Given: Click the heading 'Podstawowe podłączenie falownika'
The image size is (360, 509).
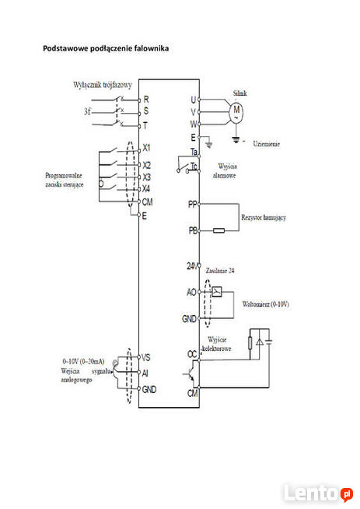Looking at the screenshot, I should pos(105,48).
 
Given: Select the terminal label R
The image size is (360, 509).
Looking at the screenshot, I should pos(146,100).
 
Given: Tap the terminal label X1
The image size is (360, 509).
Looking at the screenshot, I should pos(148,148).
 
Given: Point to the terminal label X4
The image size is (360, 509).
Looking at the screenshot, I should pos(148,188).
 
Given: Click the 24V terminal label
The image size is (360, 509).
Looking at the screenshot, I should pos(192,266).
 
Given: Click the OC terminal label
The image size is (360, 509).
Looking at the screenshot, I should pos(192,354).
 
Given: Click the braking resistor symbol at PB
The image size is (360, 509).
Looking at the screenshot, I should pos(219,230).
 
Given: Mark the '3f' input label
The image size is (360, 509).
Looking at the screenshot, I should pos(89,112).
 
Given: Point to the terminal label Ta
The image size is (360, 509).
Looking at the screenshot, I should pos(194,150).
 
